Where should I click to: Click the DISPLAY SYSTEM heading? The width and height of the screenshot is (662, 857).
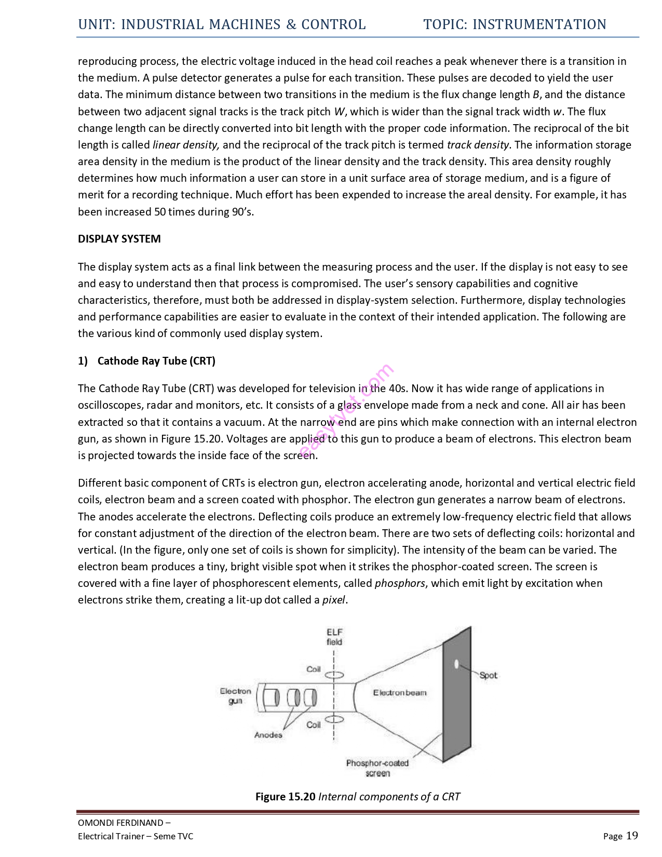(119, 239)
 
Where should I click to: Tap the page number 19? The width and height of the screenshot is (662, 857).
(632, 835)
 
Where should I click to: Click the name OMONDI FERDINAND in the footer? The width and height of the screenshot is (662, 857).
(120, 822)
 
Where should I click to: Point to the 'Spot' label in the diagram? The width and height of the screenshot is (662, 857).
(488, 675)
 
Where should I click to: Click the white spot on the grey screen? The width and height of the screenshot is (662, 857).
(456, 664)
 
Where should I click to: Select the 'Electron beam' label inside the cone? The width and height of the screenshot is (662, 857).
(399, 692)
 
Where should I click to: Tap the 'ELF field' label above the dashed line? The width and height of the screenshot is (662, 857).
(334, 637)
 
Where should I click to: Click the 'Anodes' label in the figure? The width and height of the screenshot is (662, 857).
(268, 735)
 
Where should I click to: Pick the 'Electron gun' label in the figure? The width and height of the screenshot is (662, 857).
(235, 696)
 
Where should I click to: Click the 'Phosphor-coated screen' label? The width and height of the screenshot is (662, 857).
(377, 768)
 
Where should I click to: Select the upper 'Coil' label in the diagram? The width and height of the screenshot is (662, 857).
(314, 669)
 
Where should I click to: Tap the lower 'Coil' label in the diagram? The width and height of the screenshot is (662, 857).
(314, 725)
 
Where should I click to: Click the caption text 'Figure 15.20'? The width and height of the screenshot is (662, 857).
(285, 797)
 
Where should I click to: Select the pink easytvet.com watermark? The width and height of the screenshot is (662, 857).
(346, 411)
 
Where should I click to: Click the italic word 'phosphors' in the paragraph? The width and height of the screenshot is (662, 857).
(400, 583)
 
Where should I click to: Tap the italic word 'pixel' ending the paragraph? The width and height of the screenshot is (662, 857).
(333, 600)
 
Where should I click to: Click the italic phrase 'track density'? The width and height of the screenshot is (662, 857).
(478, 145)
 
